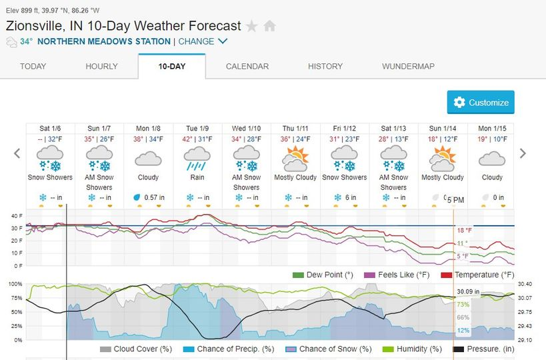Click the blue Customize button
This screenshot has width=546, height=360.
[x=481, y=103]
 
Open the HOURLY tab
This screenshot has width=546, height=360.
[x=101, y=67]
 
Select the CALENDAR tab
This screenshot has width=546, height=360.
[x=247, y=67]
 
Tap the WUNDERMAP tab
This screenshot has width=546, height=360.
[x=409, y=67]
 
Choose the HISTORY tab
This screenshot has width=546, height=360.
[x=325, y=67]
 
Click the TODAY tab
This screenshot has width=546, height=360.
[x=33, y=67]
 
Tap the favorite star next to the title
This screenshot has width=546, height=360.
[x=251, y=27]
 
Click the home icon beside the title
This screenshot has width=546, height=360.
[x=269, y=27]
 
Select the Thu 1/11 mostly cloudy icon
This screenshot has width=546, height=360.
[x=295, y=159]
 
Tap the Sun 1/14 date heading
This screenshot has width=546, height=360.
[x=443, y=128]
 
